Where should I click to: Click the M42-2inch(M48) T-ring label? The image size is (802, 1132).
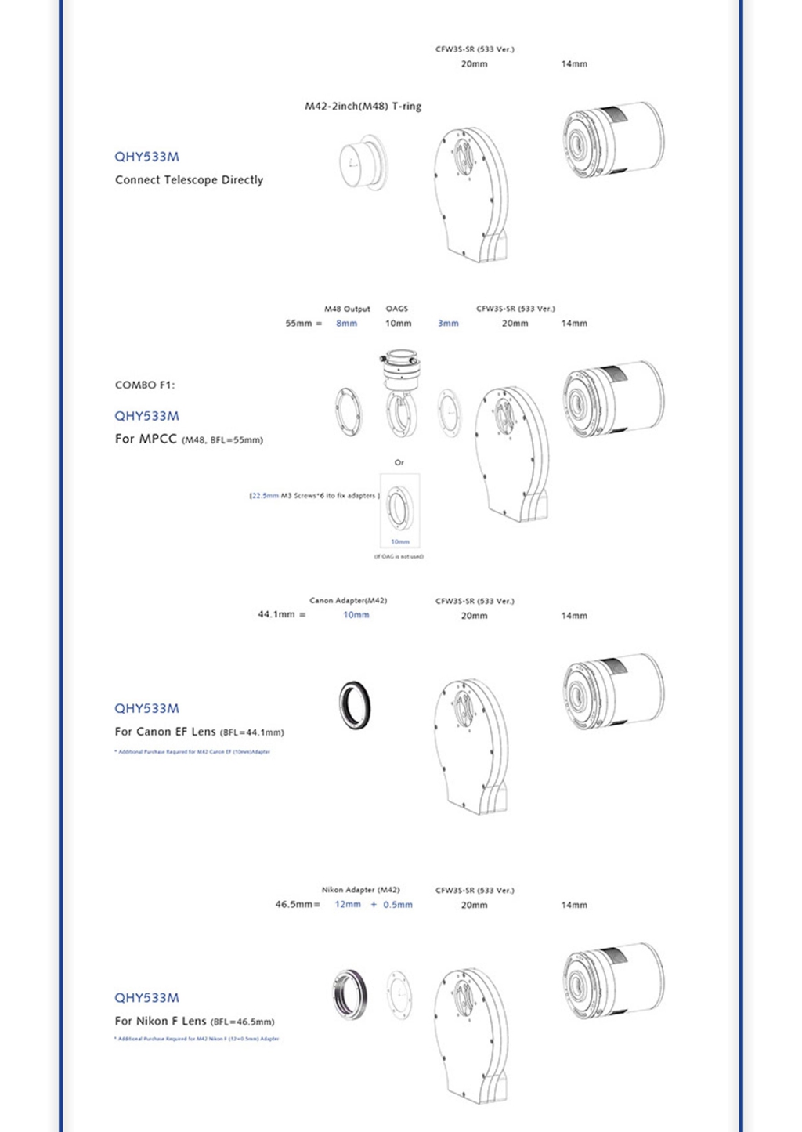(363, 106)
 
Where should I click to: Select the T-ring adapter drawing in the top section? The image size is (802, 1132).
(363, 162)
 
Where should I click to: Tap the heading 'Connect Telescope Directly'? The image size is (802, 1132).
(189, 179)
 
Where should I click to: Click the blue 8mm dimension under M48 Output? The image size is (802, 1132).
(346, 323)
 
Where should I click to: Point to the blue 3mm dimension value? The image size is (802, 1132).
(448, 323)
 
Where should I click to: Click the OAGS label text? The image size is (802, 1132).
(396, 309)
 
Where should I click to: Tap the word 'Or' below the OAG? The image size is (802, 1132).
(399, 462)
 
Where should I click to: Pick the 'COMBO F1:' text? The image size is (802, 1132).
(145, 385)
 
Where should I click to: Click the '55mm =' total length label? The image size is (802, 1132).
(303, 323)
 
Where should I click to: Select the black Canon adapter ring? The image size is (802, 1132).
(355, 705)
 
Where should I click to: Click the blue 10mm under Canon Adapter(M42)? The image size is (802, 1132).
(356, 615)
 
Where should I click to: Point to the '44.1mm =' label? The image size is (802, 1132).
(281, 614)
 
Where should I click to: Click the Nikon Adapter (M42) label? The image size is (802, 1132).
(360, 890)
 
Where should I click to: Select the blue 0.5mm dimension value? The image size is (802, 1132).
(397, 904)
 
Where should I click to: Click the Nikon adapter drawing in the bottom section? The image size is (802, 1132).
(350, 994)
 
